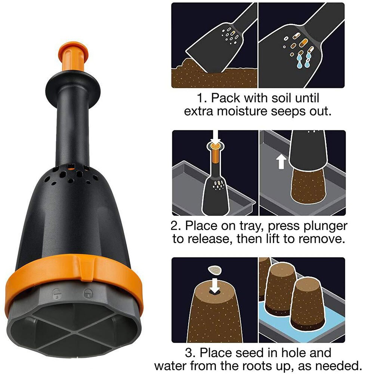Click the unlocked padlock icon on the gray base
click(x=57, y=292)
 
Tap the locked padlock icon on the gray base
click(x=88, y=292)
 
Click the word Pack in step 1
click(x=225, y=99)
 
